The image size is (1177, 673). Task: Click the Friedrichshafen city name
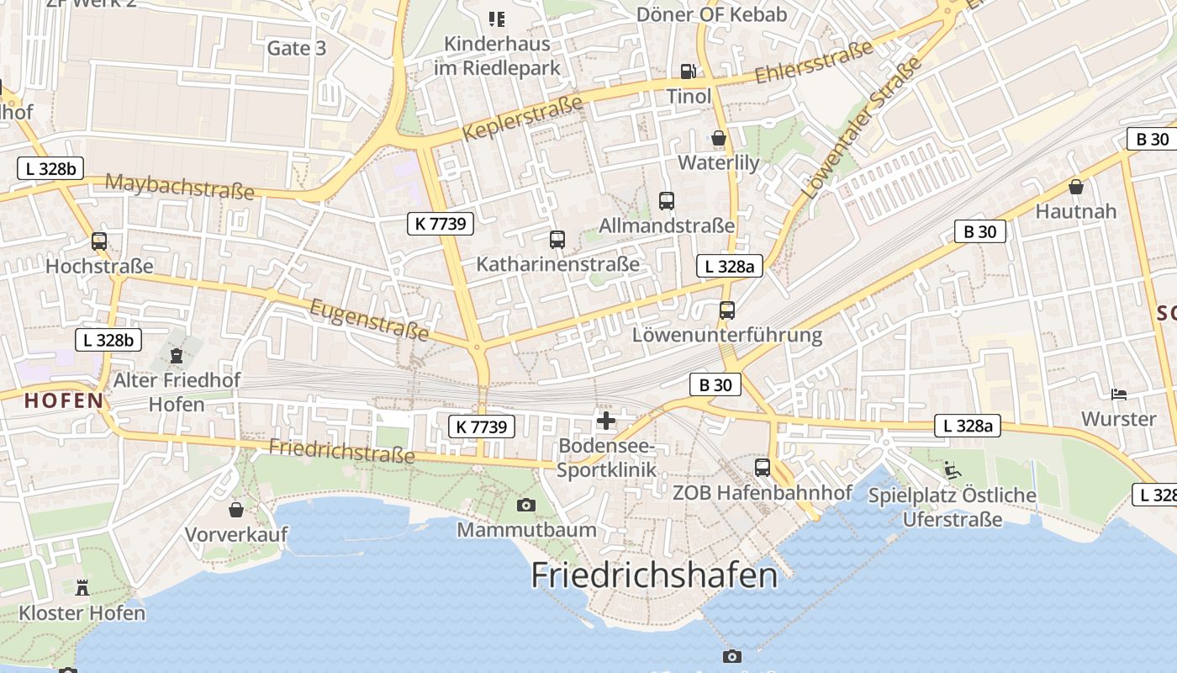tap(654, 575)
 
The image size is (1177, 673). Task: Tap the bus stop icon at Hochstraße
tap(99, 242)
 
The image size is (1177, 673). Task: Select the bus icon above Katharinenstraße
tap(557, 240)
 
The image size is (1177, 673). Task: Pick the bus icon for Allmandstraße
tap(667, 201)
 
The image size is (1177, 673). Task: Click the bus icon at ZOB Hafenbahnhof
tap(763, 468)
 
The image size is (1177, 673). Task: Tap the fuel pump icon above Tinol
tap(688, 72)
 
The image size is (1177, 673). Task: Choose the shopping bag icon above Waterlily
tap(719, 138)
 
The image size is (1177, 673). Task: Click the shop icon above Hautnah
tap(1076, 187)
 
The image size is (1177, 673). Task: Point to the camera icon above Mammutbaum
tap(526, 505)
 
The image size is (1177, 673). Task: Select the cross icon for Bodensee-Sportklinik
tap(605, 421)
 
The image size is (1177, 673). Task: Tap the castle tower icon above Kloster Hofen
tap(82, 587)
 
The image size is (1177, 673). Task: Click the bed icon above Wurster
tap(1118, 394)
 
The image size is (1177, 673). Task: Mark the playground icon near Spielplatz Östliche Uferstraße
tap(953, 470)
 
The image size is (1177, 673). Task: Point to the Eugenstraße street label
tap(369, 321)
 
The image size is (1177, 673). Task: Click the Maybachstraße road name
tap(180, 187)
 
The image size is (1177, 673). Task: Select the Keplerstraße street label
tap(522, 119)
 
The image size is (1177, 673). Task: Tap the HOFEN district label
tap(64, 400)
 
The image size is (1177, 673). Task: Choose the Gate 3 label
tap(296, 48)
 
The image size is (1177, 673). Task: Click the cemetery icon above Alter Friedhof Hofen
tap(177, 356)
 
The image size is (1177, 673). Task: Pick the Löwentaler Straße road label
tap(862, 128)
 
